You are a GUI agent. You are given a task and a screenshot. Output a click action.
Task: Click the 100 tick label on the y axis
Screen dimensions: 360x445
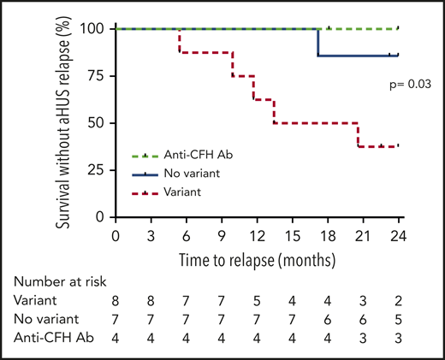pyautogui.click(x=92, y=29)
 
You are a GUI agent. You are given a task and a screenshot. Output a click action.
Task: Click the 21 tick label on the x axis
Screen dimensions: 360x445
pyautogui.click(x=362, y=235)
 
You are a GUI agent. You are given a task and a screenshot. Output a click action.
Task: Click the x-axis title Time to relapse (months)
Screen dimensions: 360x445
pyautogui.click(x=256, y=257)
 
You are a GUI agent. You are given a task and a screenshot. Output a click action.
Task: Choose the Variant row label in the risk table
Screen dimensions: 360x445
pyautogui.click(x=34, y=301)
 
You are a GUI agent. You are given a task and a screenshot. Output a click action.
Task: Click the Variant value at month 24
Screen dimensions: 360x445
pyautogui.click(x=398, y=301)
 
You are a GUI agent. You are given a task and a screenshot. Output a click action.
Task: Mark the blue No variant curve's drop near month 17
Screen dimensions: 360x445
pyautogui.click(x=318, y=43)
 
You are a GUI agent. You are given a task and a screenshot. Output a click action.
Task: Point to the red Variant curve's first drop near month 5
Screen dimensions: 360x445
pyautogui.click(x=179, y=41)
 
